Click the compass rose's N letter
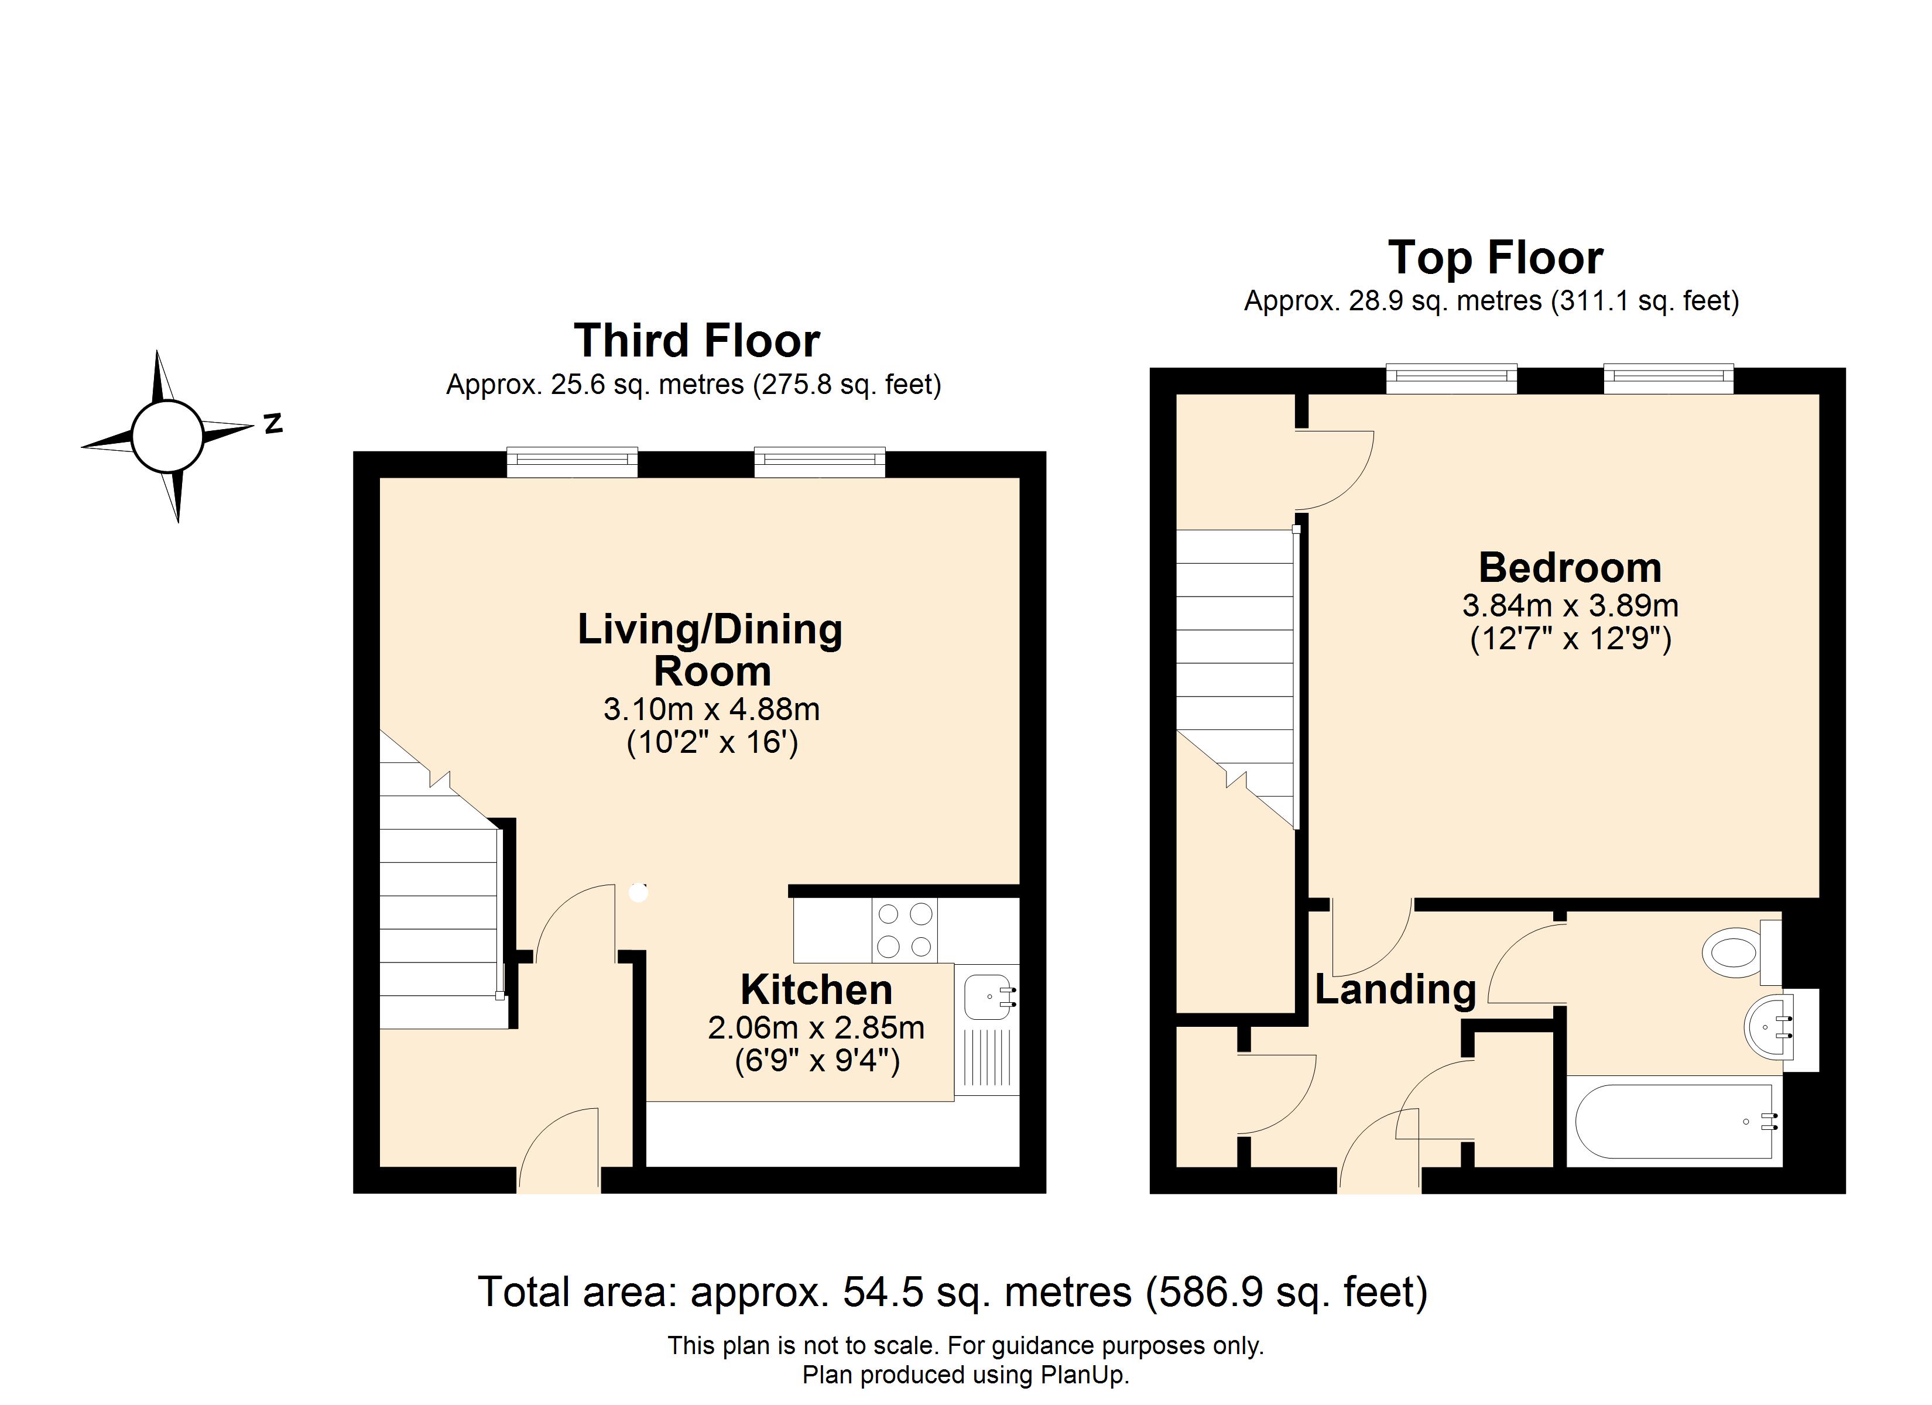(x=273, y=423)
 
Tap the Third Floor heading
(x=697, y=341)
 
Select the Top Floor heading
(x=1496, y=258)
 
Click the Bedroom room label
(x=1570, y=567)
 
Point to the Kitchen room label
(x=816, y=990)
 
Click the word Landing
(x=1395, y=990)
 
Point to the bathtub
(x=1674, y=1121)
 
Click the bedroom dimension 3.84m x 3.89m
(x=1570, y=606)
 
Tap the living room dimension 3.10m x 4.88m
(x=711, y=709)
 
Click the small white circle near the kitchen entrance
(x=638, y=893)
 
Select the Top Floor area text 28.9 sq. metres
(x=1445, y=301)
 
